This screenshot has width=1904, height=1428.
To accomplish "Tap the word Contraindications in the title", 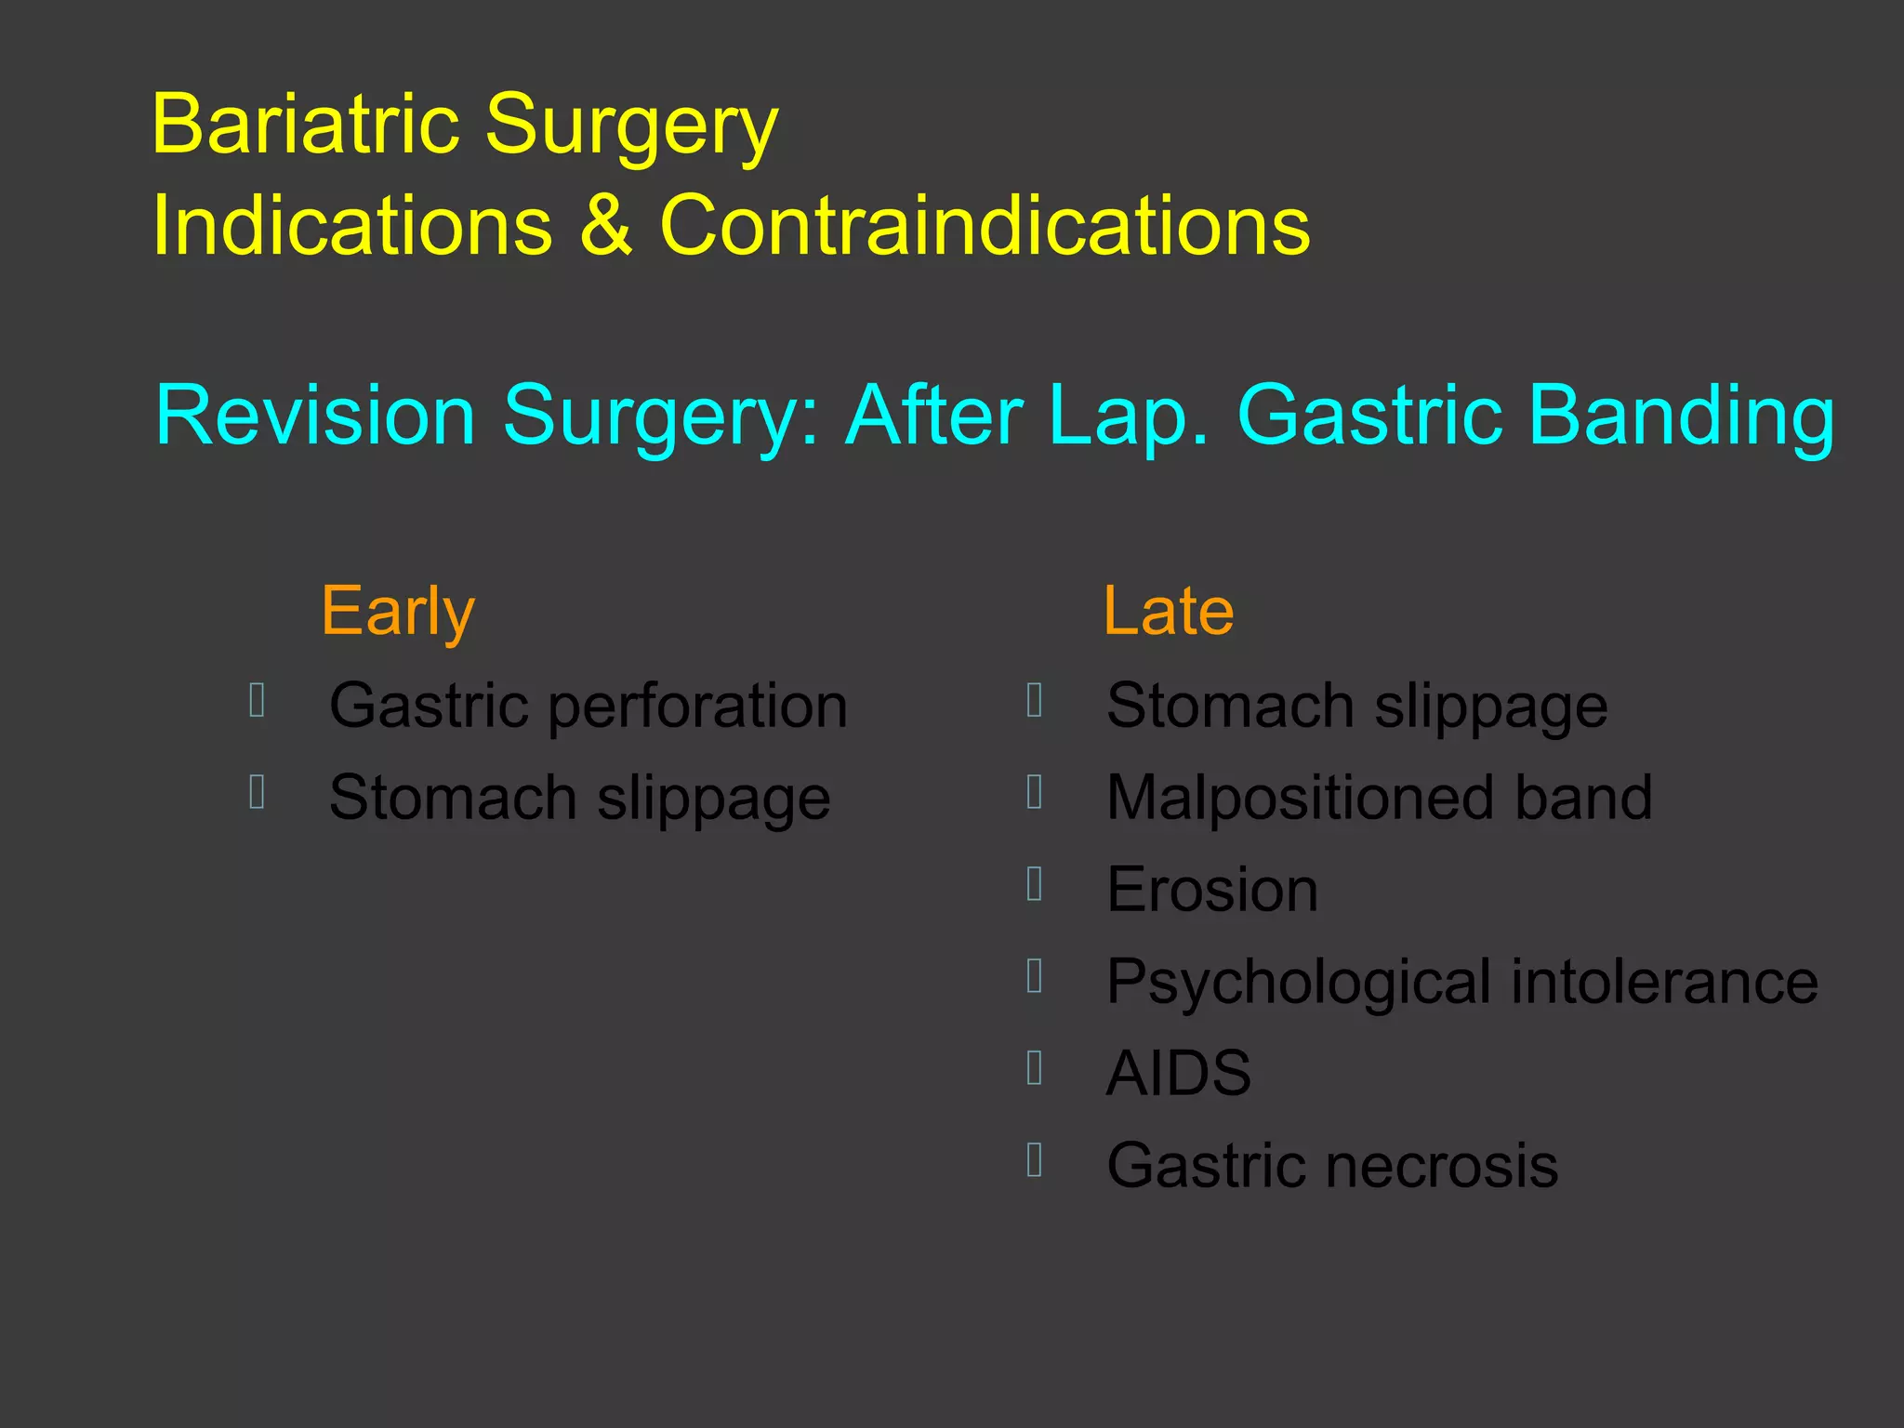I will [985, 225].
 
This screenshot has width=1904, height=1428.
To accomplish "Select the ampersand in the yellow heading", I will [607, 225].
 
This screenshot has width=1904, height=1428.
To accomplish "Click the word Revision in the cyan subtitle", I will [315, 415].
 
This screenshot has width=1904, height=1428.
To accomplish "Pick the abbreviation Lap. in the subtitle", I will [1130, 415].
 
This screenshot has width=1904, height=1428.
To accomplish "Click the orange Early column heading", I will [398, 612].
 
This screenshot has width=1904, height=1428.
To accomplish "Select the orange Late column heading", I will [1168, 612].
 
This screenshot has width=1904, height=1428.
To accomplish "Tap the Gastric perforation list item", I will [588, 706].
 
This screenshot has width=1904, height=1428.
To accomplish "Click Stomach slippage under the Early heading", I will [579, 798].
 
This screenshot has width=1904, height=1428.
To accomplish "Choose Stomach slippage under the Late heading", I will [1356, 706].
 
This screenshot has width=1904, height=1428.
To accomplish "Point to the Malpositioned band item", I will [1379, 798].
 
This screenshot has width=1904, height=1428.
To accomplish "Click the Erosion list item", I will [1211, 890].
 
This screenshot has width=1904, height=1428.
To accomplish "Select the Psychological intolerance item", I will [1461, 982].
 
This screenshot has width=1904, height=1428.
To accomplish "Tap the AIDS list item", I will [1178, 1073].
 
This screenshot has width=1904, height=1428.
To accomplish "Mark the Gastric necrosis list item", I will [1331, 1165].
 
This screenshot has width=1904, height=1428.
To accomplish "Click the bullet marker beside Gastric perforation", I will [258, 700].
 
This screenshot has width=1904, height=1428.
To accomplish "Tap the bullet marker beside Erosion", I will [1035, 884].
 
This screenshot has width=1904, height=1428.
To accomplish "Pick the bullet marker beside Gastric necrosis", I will [1035, 1159].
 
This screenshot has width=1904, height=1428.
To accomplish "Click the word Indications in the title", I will [352, 225].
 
